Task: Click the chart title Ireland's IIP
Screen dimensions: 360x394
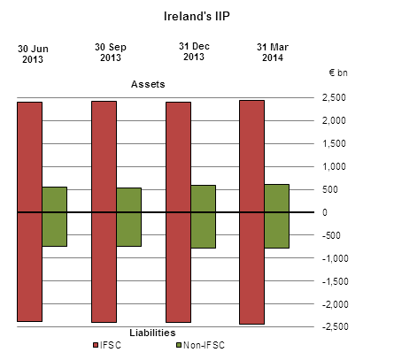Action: coord(196,16)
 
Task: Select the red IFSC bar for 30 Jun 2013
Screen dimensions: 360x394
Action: coord(29,211)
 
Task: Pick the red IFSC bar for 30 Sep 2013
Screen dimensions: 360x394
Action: coord(104,211)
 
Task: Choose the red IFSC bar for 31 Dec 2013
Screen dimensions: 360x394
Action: coord(178,211)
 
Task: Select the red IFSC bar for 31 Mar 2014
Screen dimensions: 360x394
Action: coord(251,211)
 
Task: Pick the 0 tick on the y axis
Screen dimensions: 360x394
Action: coord(325,212)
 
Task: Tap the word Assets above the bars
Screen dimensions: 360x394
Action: coord(149,84)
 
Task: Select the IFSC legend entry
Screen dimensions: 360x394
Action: coord(107,345)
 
